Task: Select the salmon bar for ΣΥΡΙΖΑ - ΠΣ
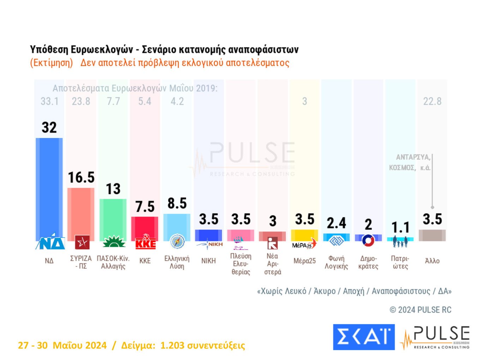[x=81, y=212]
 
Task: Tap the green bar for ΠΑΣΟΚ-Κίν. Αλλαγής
[x=113, y=219]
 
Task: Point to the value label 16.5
[x=81, y=178]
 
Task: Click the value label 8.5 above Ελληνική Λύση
[x=177, y=204]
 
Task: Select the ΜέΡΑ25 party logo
[x=304, y=244]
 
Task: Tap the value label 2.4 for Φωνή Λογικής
[x=336, y=223]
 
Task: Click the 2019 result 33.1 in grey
[x=49, y=102]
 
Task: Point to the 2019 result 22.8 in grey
[x=432, y=102]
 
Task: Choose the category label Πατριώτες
[x=400, y=263]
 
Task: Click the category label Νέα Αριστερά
[x=272, y=264]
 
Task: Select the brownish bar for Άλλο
[x=432, y=235]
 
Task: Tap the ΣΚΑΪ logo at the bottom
[x=364, y=337]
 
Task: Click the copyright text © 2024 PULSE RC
[x=420, y=310]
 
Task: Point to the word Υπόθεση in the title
[x=49, y=49]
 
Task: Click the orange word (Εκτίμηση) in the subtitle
[x=52, y=63]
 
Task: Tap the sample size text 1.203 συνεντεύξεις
[x=202, y=345]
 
